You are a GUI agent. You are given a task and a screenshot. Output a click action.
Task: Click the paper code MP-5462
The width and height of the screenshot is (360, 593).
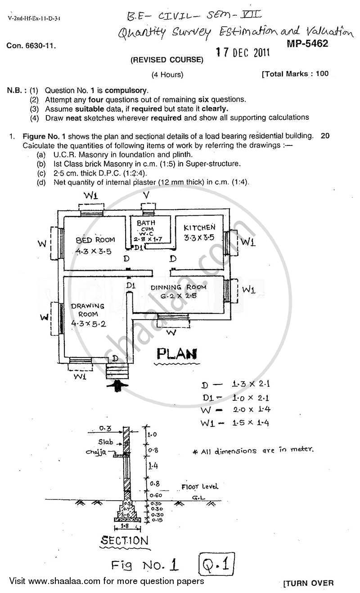tap(306, 44)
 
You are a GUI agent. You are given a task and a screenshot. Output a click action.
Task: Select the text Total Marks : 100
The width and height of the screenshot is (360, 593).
tap(296, 74)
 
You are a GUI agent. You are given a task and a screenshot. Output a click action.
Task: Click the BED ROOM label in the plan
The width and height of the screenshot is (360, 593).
tap(95, 240)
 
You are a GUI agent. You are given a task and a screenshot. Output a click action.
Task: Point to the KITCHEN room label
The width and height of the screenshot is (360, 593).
tap(199, 228)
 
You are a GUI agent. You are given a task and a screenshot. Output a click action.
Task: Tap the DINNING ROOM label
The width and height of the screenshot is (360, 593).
tap(178, 287)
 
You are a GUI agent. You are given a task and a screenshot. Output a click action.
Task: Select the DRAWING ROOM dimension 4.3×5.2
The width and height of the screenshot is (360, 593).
tap(88, 323)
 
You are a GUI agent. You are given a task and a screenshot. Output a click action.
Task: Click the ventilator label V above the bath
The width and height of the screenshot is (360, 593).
tap(146, 195)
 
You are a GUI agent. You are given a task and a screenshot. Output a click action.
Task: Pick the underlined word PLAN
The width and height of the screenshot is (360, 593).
tap(177, 353)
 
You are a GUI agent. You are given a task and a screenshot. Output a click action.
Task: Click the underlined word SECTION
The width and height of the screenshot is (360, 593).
tap(124, 541)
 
